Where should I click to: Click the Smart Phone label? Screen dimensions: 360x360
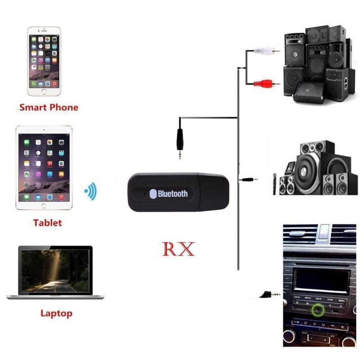click(49, 108)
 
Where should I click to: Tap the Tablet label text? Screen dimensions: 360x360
click(47, 223)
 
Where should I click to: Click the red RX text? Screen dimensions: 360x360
click(178, 248)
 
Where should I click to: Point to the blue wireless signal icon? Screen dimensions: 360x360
click(91, 191)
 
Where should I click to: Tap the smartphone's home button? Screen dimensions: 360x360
click(44, 91)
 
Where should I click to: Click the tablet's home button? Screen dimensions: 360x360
click(44, 206)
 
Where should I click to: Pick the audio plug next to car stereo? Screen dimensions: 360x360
click(270, 295)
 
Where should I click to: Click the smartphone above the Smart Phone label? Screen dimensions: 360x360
click(44, 61)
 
